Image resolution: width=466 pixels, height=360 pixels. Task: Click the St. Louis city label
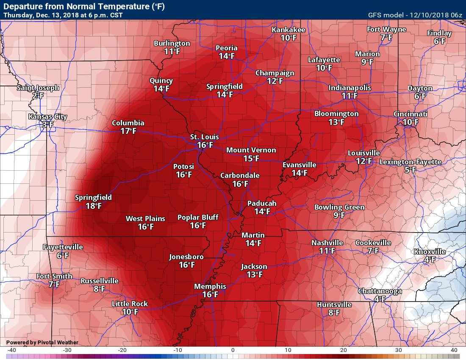(x=204, y=137)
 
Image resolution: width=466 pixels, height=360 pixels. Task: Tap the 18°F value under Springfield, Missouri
(x=94, y=206)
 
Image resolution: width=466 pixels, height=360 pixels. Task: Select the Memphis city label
(x=210, y=286)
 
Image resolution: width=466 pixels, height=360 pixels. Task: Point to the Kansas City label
(x=47, y=116)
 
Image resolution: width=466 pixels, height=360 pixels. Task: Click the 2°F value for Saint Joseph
(x=38, y=96)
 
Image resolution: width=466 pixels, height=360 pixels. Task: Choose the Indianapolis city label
(x=349, y=88)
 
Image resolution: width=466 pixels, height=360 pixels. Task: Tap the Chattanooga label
(x=380, y=291)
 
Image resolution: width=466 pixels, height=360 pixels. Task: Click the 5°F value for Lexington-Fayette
(x=410, y=170)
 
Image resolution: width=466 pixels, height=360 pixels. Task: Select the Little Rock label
(x=130, y=303)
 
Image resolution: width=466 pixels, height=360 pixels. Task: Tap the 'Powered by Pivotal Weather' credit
(x=36, y=342)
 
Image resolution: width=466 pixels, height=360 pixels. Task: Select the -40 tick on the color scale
(x=11, y=350)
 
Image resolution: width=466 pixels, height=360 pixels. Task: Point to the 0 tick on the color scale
(x=233, y=350)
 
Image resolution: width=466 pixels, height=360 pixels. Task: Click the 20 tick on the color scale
(x=343, y=350)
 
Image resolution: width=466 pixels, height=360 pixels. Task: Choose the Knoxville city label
(x=429, y=252)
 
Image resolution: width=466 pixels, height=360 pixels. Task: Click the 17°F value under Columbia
(x=128, y=131)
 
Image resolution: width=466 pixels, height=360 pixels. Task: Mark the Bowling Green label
(x=339, y=207)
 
